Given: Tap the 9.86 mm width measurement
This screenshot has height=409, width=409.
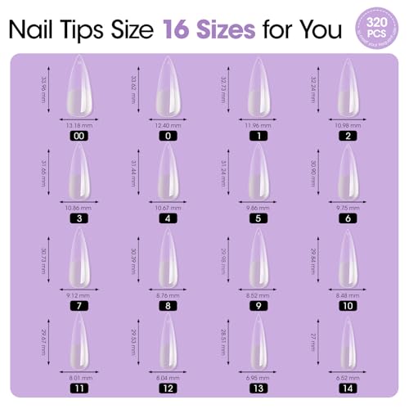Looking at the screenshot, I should [258, 208].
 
